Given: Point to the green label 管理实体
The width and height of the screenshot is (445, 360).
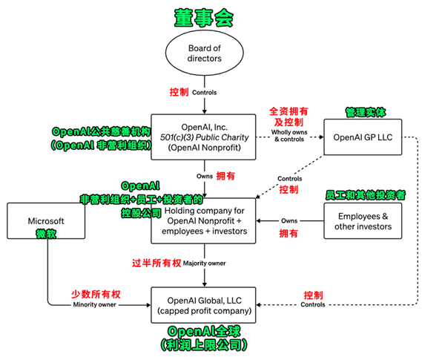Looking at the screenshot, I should pos(366,112).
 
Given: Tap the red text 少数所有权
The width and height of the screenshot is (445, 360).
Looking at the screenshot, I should pos(96,294).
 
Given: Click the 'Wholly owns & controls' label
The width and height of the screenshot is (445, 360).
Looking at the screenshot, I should pos(290,137).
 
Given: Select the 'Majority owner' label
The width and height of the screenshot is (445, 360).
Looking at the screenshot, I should pos(205,264).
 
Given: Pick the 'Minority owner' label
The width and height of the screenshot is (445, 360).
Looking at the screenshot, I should pos(96,305).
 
